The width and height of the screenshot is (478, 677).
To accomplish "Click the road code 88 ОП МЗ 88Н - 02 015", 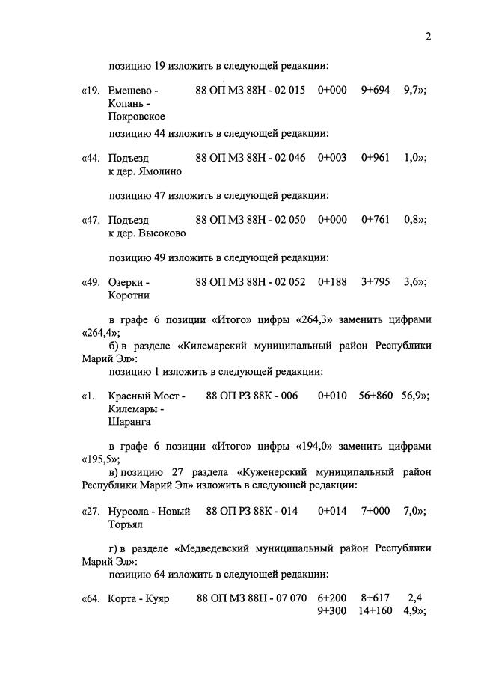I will (250, 91).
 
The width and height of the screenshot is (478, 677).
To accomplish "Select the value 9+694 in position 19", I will (375, 91).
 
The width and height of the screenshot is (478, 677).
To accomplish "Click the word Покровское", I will (136, 117).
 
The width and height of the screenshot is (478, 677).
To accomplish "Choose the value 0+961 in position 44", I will (375, 159).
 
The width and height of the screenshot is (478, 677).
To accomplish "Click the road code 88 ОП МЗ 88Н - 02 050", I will (250, 221).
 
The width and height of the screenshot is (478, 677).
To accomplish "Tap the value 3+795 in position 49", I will (375, 282).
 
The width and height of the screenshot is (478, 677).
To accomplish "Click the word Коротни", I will (129, 295).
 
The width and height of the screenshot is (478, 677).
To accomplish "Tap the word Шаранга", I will (129, 422).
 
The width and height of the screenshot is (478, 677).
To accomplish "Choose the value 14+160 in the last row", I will (376, 611).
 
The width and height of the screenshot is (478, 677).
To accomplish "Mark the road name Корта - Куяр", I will (139, 598).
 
